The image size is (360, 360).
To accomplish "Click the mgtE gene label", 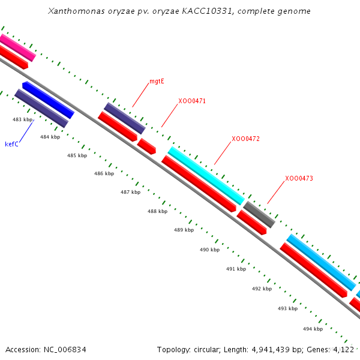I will click(157, 81).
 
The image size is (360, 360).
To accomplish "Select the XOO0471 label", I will click(192, 101).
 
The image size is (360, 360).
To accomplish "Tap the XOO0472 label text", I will click(245, 139).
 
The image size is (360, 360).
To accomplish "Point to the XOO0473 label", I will click(299, 178).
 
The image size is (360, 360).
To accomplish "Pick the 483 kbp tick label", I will click(22, 120).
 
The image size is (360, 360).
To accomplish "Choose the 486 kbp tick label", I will click(104, 173).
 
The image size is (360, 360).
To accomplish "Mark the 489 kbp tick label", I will click(184, 230).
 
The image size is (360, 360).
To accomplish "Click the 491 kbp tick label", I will click(236, 269).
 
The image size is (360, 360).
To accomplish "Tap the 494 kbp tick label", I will click(313, 329).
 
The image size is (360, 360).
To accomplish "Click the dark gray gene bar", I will click(259, 214).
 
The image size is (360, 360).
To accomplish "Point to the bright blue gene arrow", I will click(49, 100).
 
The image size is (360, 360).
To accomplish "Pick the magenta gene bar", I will click(17, 47).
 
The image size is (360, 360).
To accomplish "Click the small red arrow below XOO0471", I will click(146, 146).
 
